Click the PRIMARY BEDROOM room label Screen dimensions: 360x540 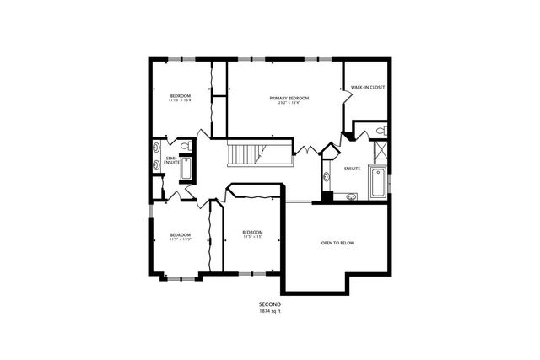point(289,99)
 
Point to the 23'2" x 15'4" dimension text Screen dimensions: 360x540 point(289,104)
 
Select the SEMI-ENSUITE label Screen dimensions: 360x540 point(170,160)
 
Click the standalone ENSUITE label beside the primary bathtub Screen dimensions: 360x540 point(353,169)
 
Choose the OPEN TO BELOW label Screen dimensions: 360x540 point(337,243)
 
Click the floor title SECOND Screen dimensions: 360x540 point(270,304)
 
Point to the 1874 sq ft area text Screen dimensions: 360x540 point(270,311)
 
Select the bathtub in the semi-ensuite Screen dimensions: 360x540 point(186,168)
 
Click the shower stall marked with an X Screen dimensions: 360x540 point(381,152)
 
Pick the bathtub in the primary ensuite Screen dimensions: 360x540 point(377,182)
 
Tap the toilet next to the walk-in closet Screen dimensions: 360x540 point(381,132)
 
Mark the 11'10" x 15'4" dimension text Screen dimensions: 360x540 point(181,100)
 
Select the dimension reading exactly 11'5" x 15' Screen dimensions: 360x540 point(253,237)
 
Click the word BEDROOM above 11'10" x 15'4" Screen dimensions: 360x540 point(181,95)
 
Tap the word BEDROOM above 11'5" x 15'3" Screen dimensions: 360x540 point(181,234)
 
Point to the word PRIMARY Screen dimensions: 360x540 point(279,99)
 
